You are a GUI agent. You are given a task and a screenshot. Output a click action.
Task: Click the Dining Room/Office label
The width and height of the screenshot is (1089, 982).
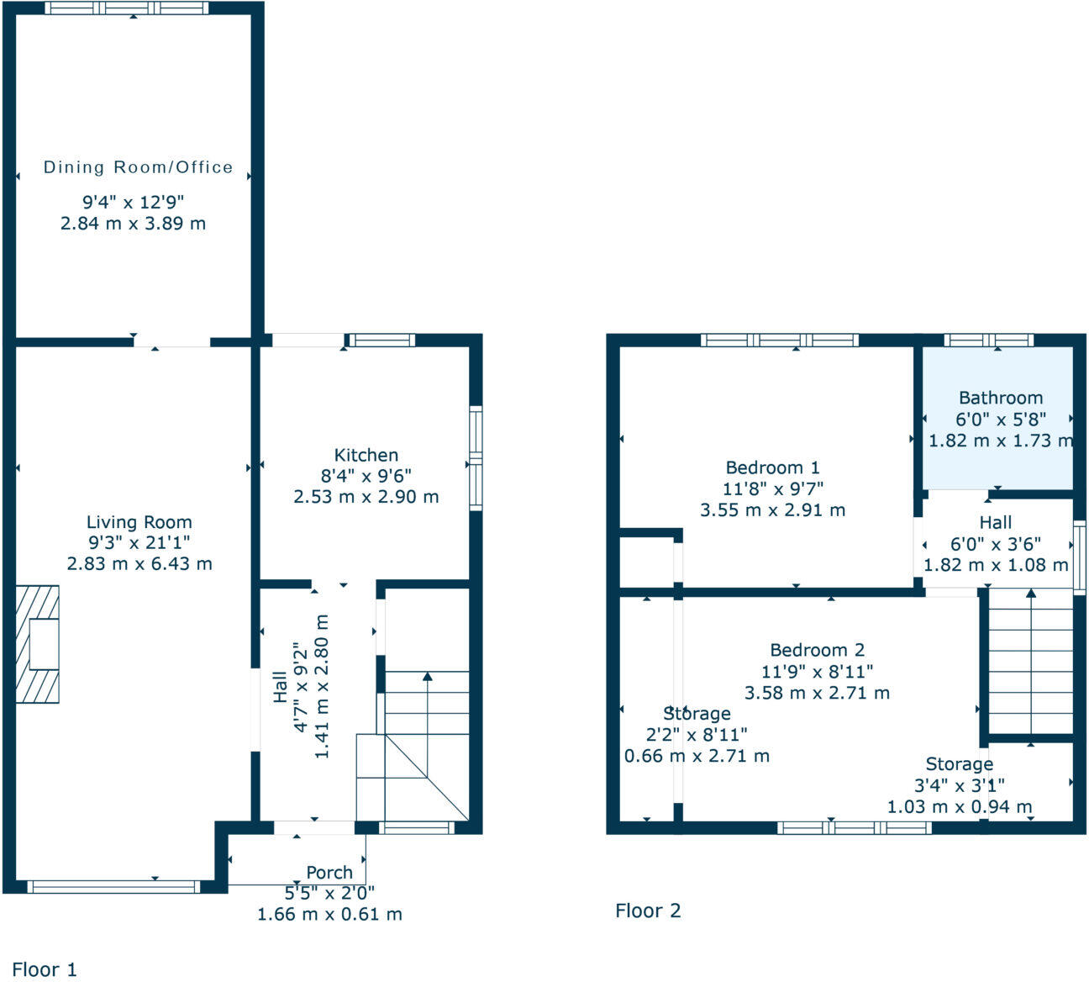coord(138,167)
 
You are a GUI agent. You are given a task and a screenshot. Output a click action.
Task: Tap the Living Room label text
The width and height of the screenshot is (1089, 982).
coord(139,522)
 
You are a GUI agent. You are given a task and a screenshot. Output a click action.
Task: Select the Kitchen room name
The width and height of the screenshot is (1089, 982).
coord(366,455)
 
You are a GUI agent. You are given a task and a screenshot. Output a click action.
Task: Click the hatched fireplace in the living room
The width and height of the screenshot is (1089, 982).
coord(37,644)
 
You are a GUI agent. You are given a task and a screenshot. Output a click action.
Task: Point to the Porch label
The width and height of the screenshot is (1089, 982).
coord(329,873)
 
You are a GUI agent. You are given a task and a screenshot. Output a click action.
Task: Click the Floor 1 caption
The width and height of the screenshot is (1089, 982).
coord(45,969)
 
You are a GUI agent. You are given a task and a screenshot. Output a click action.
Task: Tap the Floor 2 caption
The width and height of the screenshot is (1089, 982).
coord(648,911)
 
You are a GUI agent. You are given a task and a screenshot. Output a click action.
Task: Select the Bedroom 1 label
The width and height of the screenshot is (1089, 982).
coord(772,467)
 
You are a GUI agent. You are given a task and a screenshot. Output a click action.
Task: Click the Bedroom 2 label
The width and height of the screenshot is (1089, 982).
coord(817,650)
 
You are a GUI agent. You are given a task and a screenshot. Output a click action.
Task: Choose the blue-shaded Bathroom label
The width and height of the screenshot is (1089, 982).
coord(1000,398)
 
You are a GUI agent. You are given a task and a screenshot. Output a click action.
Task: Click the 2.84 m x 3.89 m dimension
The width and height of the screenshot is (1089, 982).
coord(133,224)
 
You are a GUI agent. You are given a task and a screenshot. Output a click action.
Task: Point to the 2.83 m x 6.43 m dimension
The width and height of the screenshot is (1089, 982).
coord(139,564)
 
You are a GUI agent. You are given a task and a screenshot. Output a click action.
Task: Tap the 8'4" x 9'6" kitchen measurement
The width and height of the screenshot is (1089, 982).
coord(366,476)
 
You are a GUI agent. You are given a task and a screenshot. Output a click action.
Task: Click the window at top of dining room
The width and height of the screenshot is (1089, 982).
coord(126,8)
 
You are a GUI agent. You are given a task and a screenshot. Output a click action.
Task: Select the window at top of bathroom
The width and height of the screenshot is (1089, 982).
coord(988,340)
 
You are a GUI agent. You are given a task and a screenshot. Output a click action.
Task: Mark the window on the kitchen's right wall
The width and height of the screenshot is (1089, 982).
coord(476,458)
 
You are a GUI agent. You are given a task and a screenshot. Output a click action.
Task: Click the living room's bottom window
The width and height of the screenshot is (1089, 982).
coord(113,886)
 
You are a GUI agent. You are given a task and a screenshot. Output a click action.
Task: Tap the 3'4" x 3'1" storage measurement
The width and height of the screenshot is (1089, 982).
coord(959,785)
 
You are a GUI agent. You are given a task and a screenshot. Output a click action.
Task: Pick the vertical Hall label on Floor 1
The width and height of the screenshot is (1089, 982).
coord(281,690)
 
